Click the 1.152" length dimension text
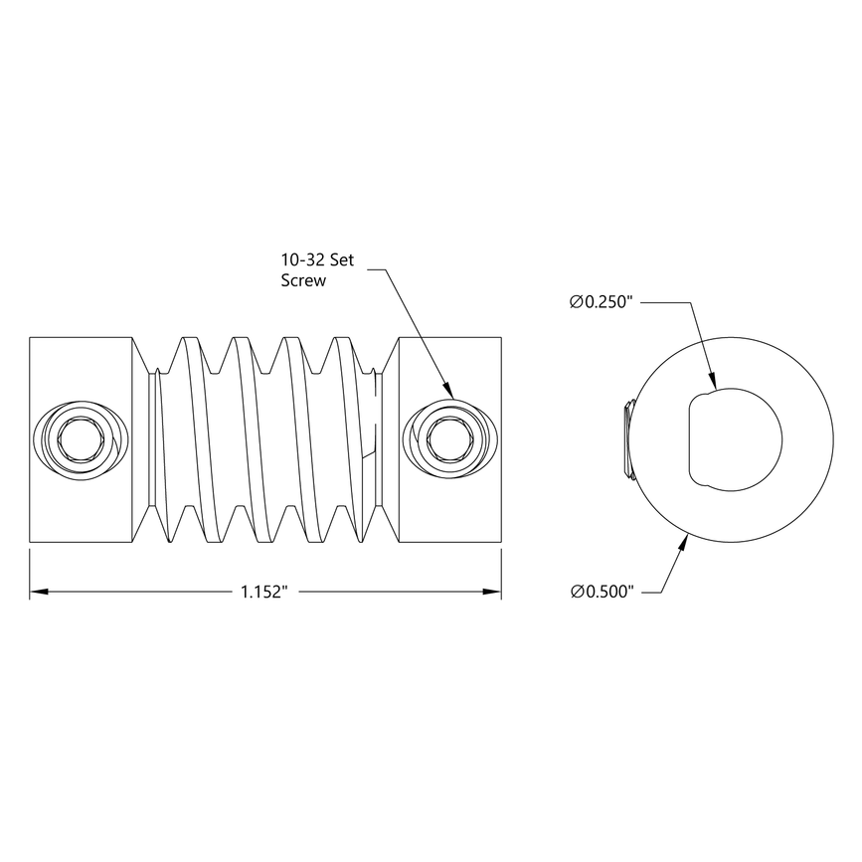[263, 592]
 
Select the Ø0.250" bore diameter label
[602, 302]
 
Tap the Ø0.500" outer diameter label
[602, 592]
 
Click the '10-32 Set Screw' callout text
[316, 269]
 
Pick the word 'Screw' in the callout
[303, 280]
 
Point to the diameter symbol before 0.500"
[577, 592]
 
